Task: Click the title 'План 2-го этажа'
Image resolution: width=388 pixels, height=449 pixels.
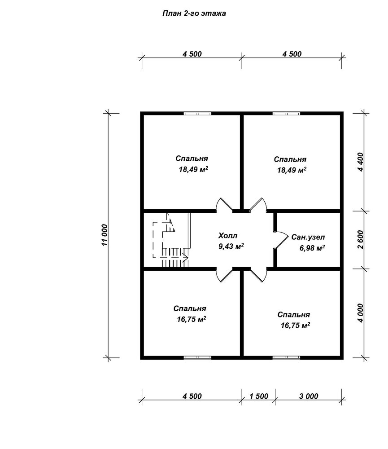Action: pos(194,13)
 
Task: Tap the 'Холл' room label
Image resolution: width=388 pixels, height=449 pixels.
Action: pos(228,236)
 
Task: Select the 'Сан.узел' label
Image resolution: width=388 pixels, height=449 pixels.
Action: pos(308,237)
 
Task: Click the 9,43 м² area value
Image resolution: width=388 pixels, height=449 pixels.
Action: pos(231,246)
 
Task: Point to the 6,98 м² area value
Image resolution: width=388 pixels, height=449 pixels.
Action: pos(312,248)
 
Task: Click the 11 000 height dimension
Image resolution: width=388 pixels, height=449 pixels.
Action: pos(104,235)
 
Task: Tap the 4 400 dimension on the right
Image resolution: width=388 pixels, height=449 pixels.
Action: pos(360,162)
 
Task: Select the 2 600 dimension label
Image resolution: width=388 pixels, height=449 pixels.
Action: pos(360,240)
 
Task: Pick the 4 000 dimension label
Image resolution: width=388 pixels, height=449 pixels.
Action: pos(360,313)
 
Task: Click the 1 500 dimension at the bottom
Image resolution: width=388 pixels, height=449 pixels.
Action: pos(259,396)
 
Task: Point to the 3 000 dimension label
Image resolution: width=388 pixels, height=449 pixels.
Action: pos(309,396)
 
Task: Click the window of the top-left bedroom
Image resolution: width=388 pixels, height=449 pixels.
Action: pos(197,114)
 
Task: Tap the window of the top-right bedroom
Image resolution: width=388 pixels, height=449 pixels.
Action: pos(287,114)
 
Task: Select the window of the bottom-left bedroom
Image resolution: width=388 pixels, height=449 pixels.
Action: pos(197,357)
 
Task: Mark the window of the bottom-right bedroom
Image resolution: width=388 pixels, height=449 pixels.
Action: pos(287,357)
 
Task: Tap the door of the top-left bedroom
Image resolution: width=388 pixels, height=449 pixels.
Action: pos(224,205)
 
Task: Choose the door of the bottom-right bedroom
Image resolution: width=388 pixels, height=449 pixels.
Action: pos(258,274)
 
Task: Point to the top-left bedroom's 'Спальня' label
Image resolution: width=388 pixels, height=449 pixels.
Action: pos(192,158)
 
